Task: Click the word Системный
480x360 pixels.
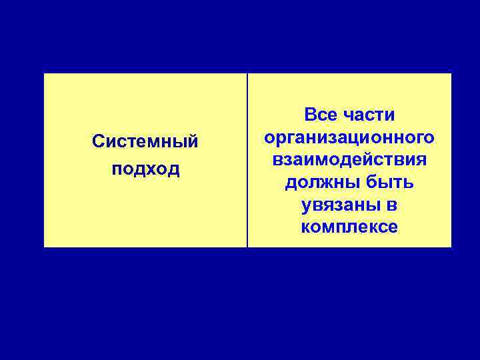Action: pyautogui.click(x=145, y=141)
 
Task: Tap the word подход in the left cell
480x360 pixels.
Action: pyautogui.click(x=145, y=169)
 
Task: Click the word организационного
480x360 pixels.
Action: pyautogui.click(x=349, y=138)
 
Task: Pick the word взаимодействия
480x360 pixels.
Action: pyautogui.click(x=349, y=160)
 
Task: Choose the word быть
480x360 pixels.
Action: pyautogui.click(x=390, y=183)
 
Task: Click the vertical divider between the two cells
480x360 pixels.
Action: pyautogui.click(x=247, y=160)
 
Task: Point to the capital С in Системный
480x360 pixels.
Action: pyautogui.click(x=98, y=141)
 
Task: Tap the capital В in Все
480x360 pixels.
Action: pyautogui.click(x=311, y=115)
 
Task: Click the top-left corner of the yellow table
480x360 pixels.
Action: pyautogui.click(x=44, y=73)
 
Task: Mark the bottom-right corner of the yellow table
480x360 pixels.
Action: pyautogui.click(x=451, y=247)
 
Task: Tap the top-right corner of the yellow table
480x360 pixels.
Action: pyautogui.click(x=451, y=73)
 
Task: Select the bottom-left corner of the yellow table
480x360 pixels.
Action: pyautogui.click(x=44, y=247)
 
